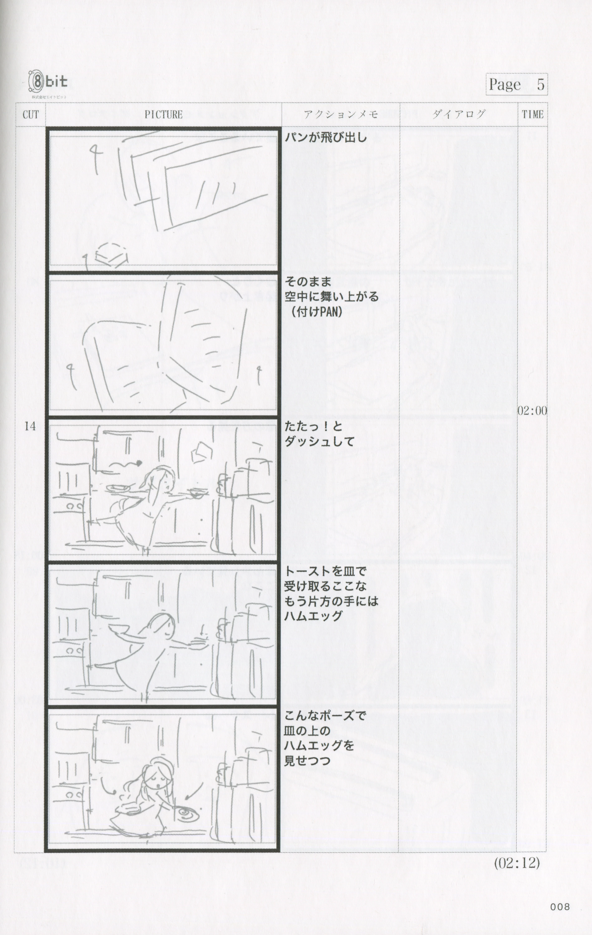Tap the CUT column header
tap(31, 115)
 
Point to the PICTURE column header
tap(163, 115)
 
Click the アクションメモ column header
tap(341, 114)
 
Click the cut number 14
tap(30, 426)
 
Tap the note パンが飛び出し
tap(326, 137)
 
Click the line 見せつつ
tap(307, 760)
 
